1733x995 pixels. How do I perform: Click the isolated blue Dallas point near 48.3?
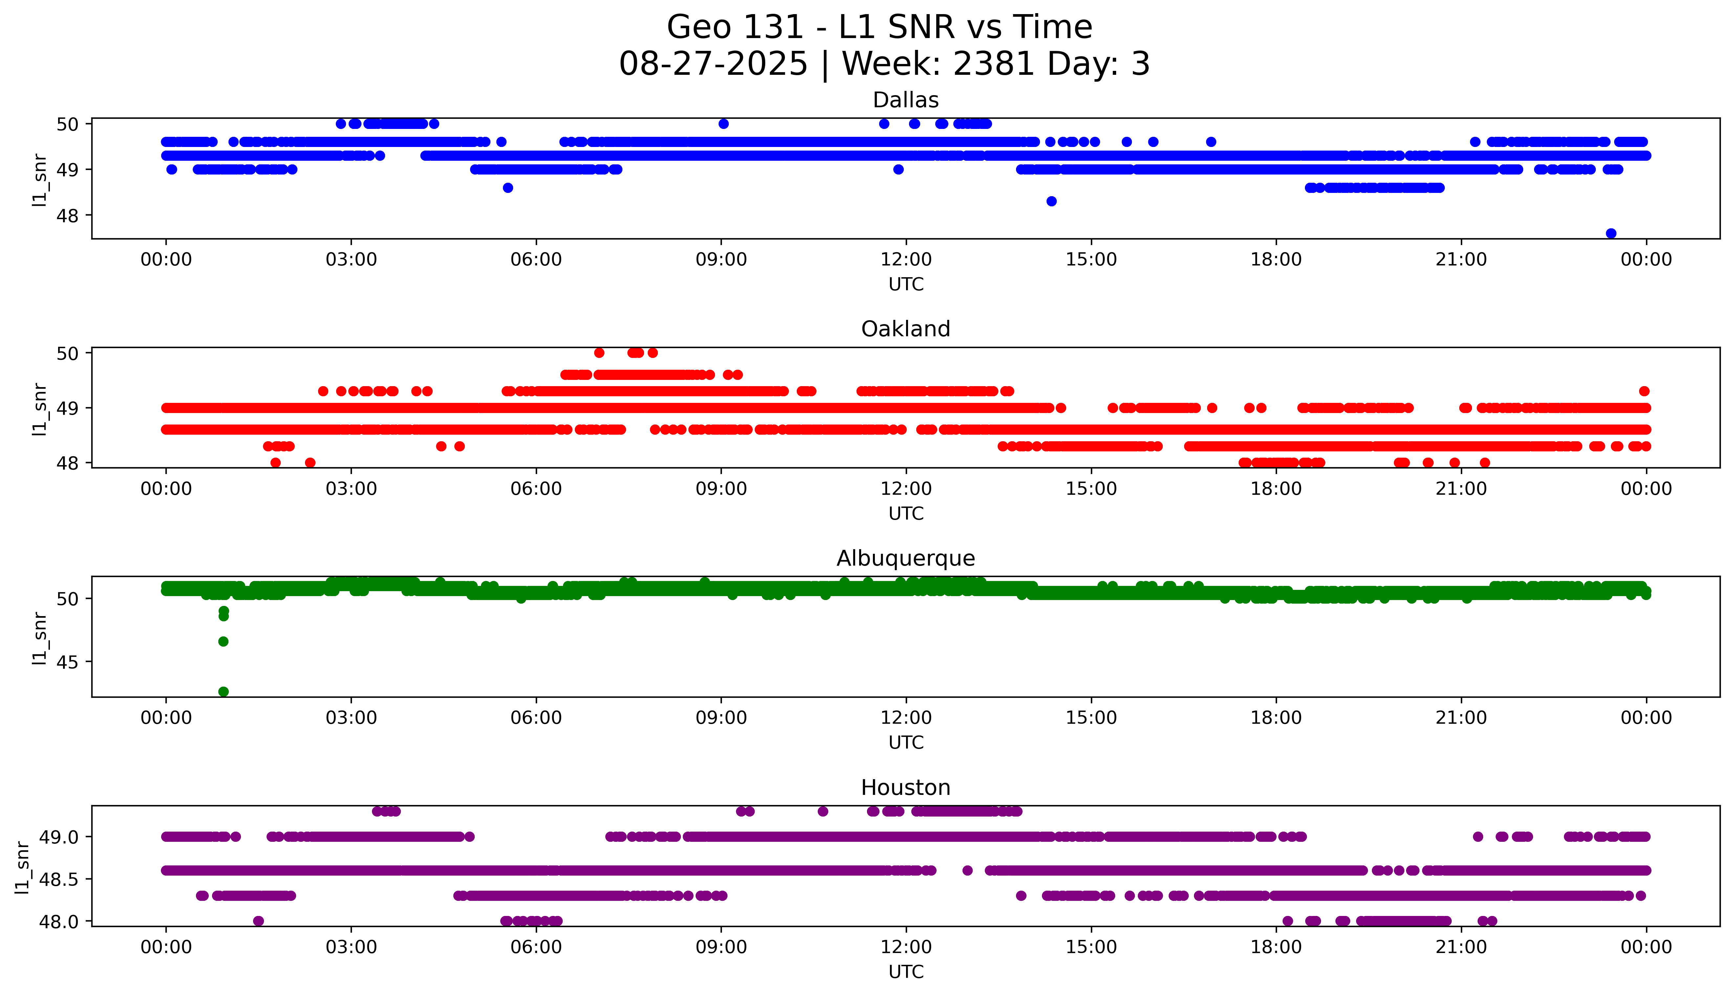1051,201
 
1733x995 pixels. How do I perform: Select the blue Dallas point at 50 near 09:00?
723,124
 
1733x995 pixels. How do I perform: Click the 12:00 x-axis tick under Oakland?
906,488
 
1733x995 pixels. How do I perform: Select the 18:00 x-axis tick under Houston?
1276,947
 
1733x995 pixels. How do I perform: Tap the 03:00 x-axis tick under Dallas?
351,260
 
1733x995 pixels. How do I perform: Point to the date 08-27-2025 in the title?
713,64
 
